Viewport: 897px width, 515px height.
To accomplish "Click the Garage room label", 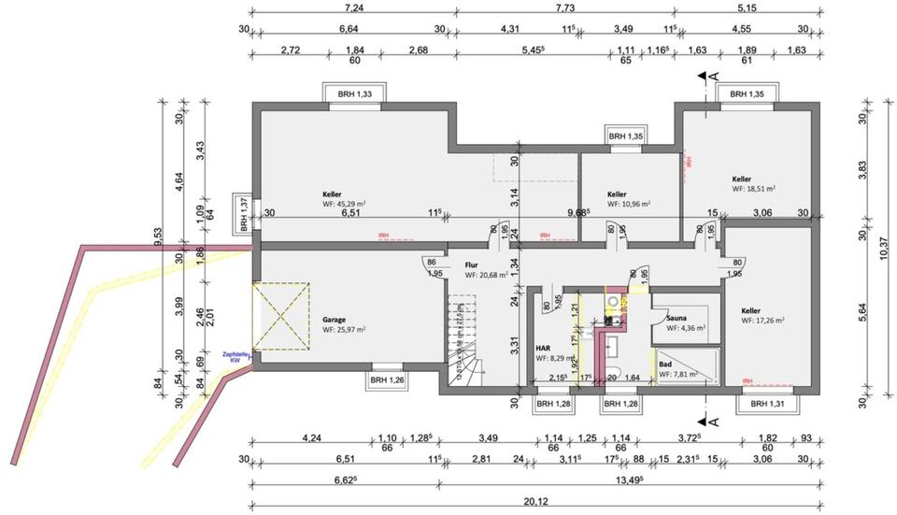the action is [334, 318].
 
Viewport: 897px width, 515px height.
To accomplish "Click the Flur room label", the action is [472, 265].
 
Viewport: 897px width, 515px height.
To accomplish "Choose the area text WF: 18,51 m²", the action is [754, 188].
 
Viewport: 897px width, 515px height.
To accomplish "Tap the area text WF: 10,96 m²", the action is [629, 203].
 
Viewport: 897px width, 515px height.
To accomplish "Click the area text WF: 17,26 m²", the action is [762, 321].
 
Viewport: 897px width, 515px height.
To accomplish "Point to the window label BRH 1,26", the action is [388, 379].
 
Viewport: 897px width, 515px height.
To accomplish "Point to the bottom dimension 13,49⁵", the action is [645, 480].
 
